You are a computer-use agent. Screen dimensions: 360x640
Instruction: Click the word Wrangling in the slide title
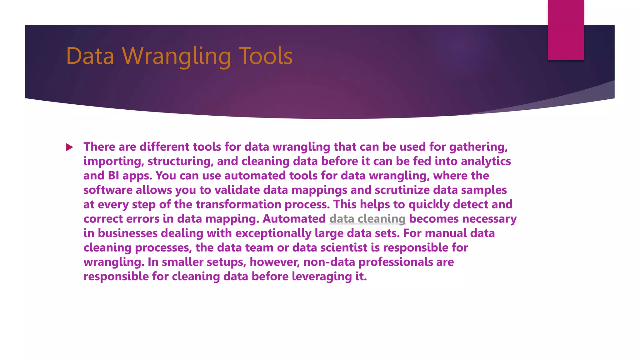pos(177,56)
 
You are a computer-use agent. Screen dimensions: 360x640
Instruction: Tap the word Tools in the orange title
pos(266,56)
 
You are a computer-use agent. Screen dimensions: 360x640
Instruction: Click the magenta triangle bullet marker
pos(70,147)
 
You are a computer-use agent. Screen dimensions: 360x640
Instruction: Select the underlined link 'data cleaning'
pos(367,219)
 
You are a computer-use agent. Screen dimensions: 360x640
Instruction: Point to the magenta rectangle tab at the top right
pos(566,30)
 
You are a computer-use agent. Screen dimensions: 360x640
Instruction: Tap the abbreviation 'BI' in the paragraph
pos(113,176)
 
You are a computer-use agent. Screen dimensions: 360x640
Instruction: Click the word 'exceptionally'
pos(273,233)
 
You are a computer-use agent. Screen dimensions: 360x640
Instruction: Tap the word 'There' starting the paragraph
pos(99,147)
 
